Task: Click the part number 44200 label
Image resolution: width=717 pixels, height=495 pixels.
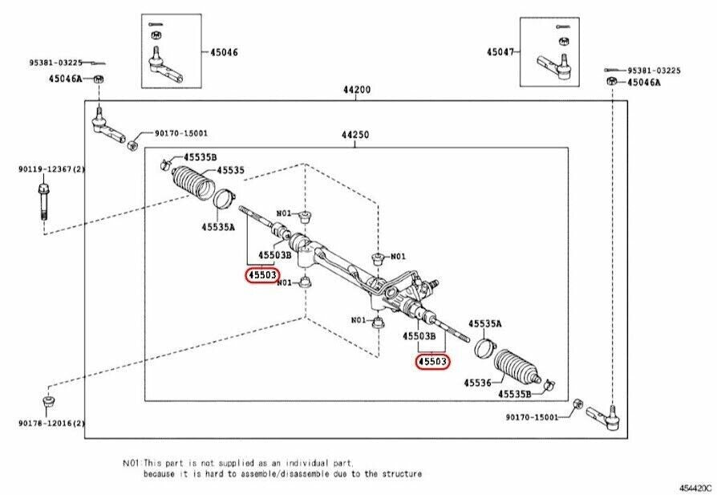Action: (x=357, y=91)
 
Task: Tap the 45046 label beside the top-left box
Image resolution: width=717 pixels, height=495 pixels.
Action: (x=224, y=52)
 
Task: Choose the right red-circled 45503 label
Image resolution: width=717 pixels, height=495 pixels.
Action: (x=432, y=363)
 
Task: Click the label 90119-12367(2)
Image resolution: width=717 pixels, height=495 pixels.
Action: (x=46, y=169)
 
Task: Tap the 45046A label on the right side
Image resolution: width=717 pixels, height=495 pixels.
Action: (x=644, y=82)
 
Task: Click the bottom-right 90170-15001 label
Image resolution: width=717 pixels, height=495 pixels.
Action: (x=533, y=417)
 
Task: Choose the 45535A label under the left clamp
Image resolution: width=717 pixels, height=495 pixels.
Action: (x=218, y=227)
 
